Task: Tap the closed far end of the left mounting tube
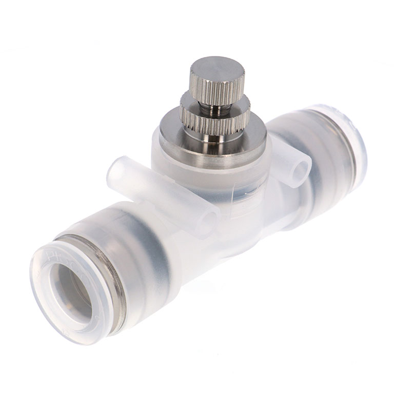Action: (115, 172)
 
